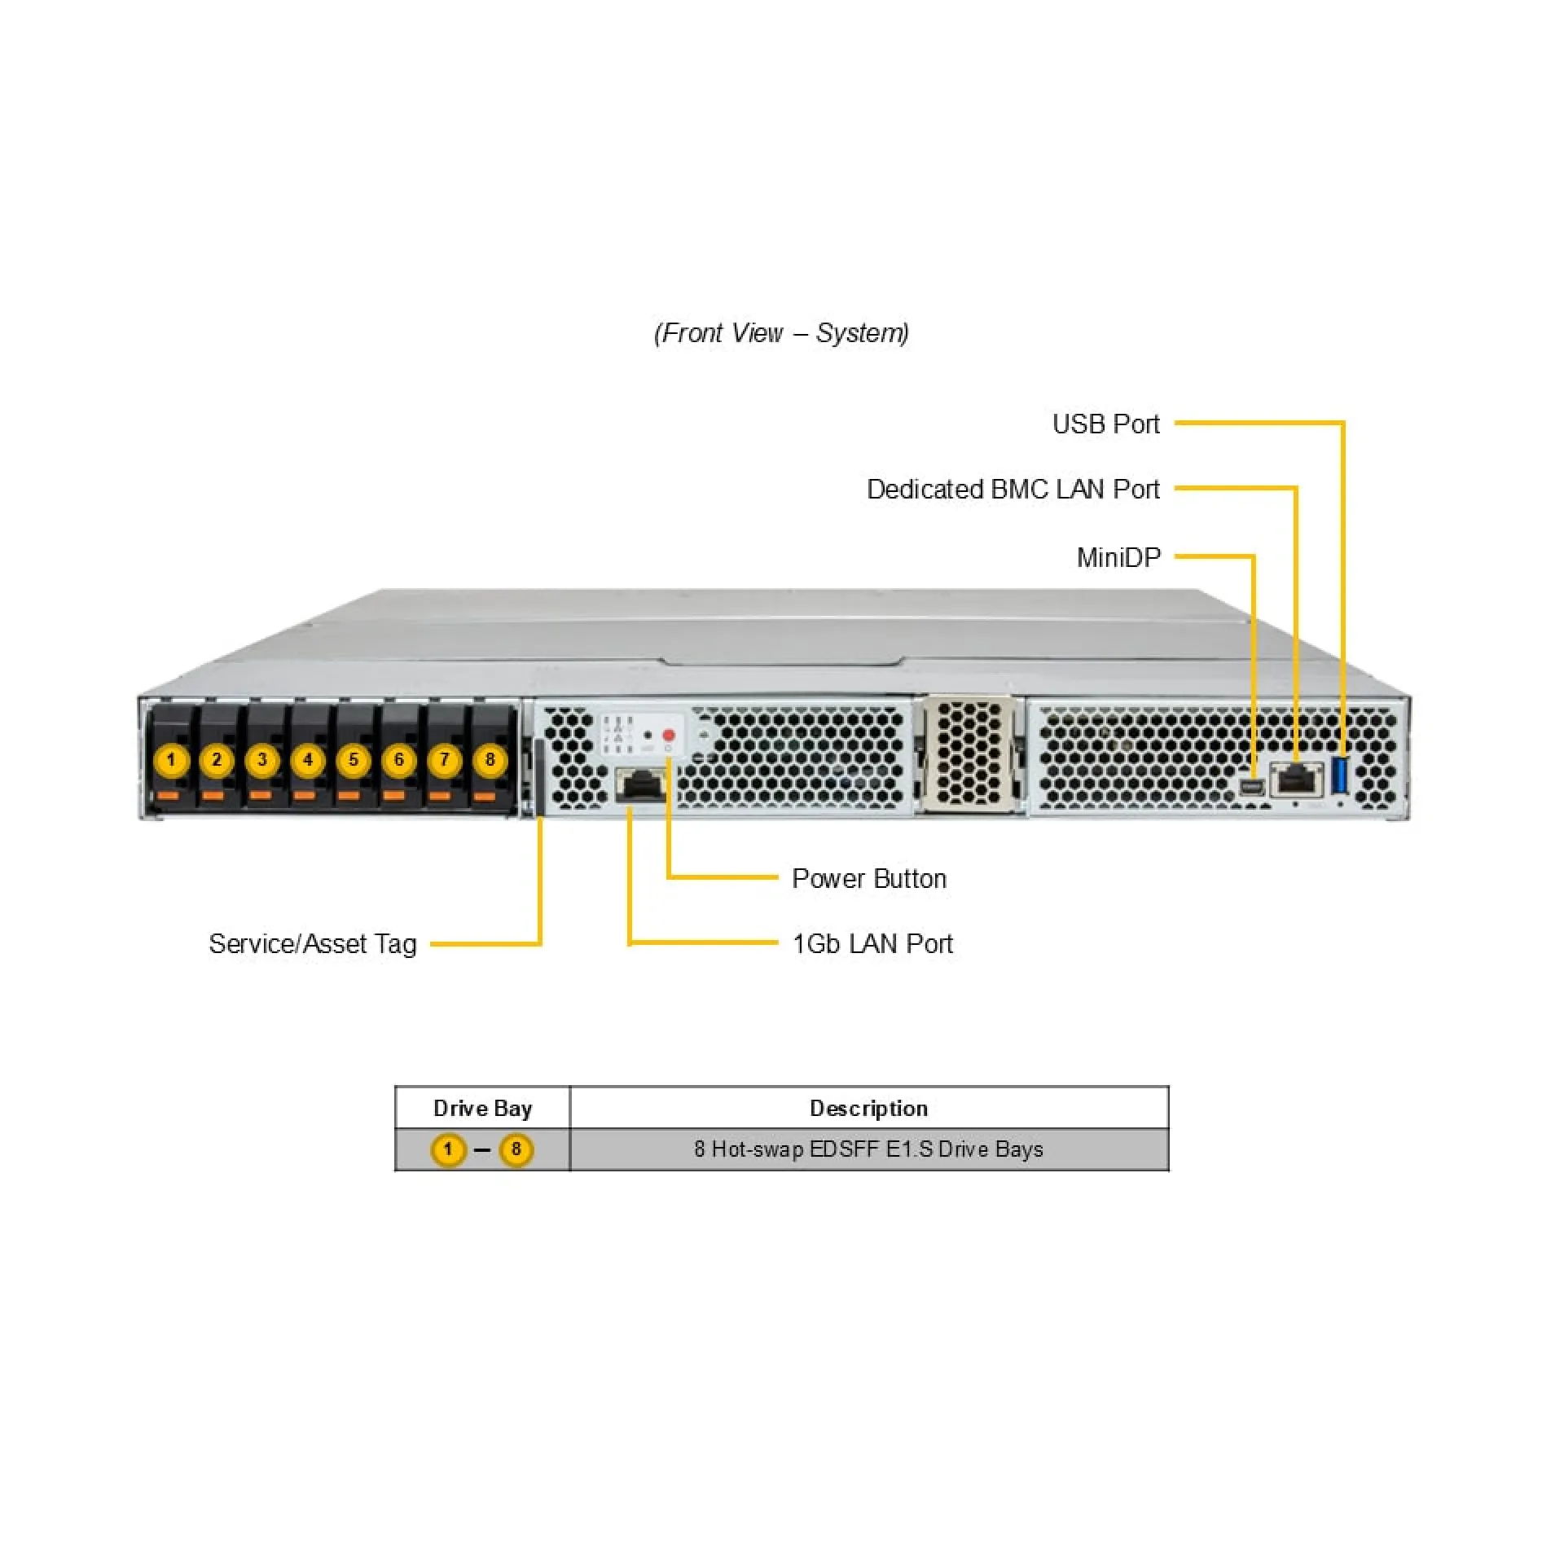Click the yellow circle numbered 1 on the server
171,761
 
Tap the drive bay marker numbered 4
308,761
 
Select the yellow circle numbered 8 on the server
490,761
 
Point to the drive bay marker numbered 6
399,761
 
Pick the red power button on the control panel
669,736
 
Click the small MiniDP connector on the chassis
1251,787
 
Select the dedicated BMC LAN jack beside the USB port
1297,780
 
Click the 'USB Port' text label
1105,424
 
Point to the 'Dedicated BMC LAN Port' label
1013,490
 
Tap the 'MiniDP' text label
1118,558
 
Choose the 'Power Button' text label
869,879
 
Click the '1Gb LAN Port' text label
872,944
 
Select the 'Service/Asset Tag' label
313,944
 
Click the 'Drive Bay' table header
483,1109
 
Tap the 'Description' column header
869,1109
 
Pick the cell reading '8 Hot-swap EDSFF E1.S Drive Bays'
868,1149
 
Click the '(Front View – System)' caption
781,333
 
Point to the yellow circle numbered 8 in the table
516,1150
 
